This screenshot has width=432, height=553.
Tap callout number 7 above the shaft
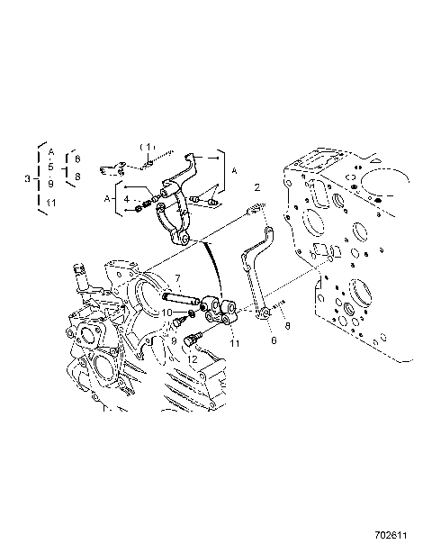[x=178, y=278]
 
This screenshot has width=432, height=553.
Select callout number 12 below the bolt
[x=191, y=358]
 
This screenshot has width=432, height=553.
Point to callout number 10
[x=167, y=312]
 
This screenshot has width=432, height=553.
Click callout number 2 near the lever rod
[x=257, y=188]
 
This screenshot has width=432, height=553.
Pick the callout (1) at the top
[x=147, y=146]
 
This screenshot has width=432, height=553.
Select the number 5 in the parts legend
[x=51, y=167]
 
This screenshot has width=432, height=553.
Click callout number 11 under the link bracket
[x=234, y=343]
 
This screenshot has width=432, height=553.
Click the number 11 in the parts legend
[x=51, y=203]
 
